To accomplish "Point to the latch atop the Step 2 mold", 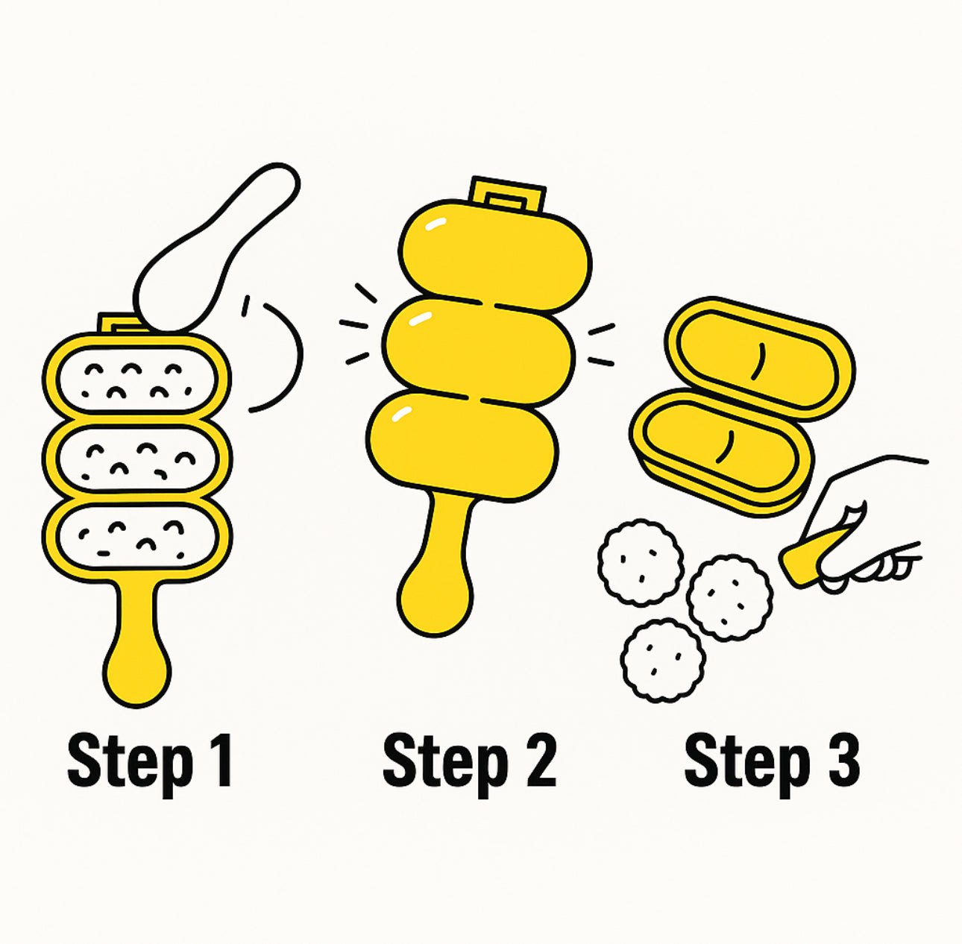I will point(507,195).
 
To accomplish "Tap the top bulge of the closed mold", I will point(495,254).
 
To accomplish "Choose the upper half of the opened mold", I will point(759,358).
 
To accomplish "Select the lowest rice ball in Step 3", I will point(663,660).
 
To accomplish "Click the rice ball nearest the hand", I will point(729,597).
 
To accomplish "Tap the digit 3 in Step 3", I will point(843,761).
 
